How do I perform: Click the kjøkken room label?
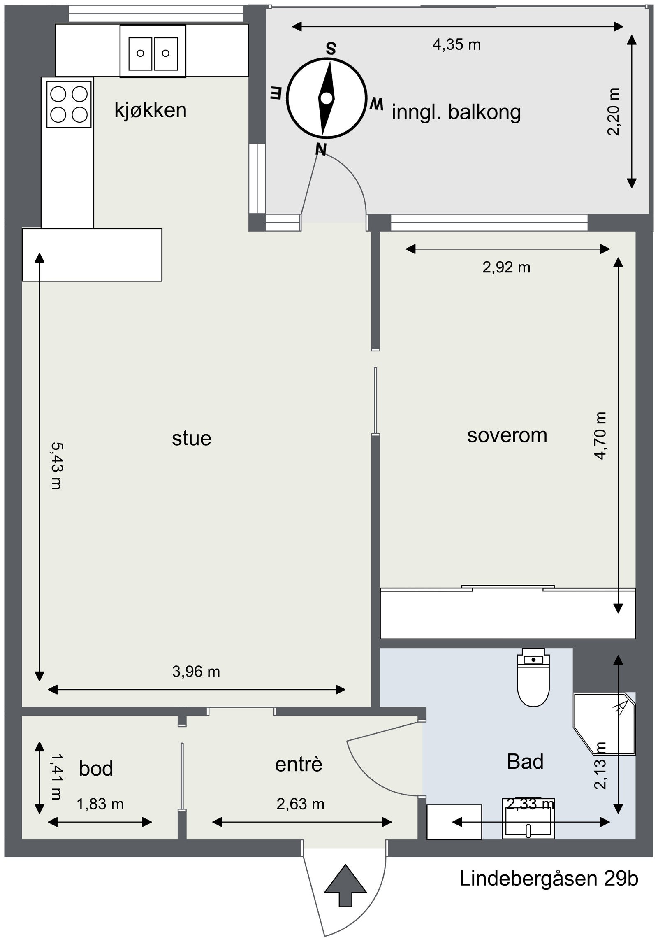pyautogui.click(x=151, y=110)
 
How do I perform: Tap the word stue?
pyautogui.click(x=192, y=438)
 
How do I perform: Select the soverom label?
pyautogui.click(x=507, y=435)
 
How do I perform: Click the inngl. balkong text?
pyautogui.click(x=456, y=113)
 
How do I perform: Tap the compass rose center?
pyautogui.click(x=326, y=98)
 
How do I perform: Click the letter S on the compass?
pyautogui.click(x=331, y=49)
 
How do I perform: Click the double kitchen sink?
pyautogui.click(x=153, y=51)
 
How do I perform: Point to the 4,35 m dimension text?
pyautogui.click(x=456, y=44)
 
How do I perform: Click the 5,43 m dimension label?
pyautogui.click(x=56, y=465)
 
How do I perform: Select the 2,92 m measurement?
pyautogui.click(x=506, y=268)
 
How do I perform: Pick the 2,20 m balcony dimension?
pyautogui.click(x=613, y=112)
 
